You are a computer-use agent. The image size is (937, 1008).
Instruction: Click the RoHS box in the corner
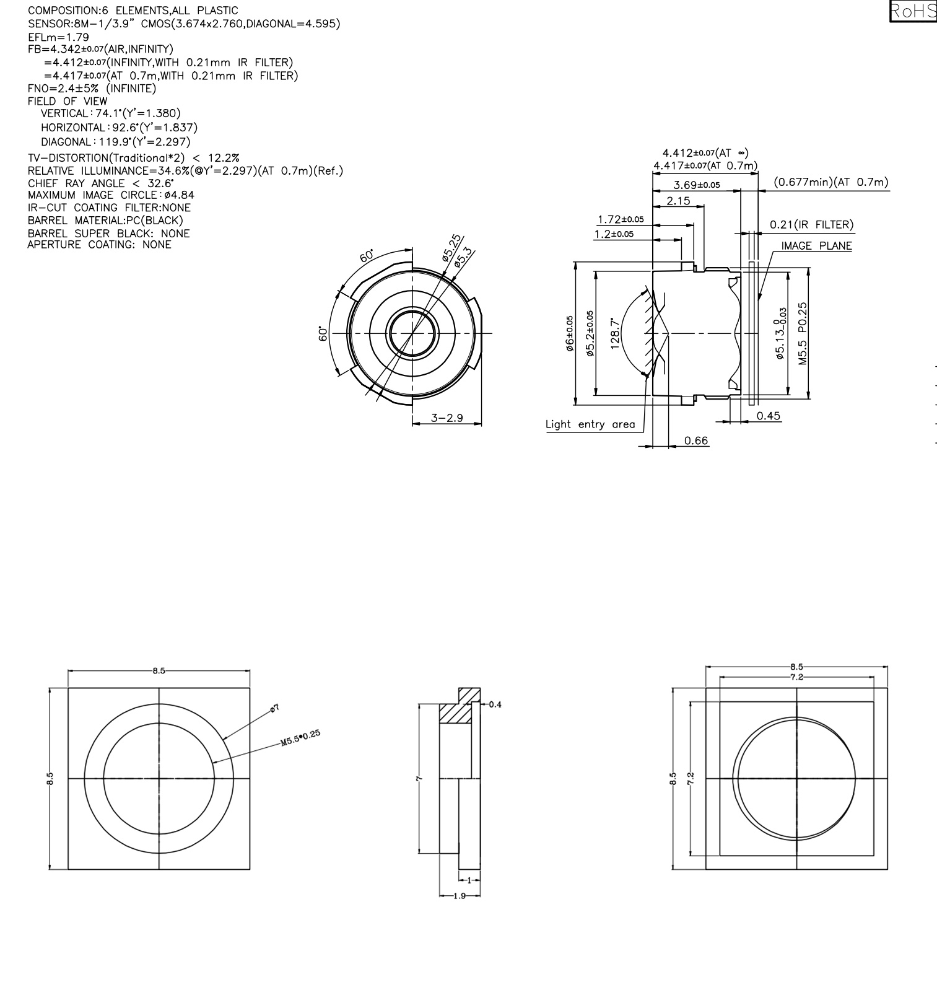tap(913, 11)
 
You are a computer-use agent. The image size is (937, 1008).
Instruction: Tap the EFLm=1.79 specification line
tap(58, 37)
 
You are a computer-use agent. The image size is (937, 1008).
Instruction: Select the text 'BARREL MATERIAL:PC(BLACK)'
tap(105, 221)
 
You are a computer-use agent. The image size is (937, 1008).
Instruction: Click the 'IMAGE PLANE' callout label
tap(816, 246)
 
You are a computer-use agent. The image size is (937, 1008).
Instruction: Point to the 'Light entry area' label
tap(590, 424)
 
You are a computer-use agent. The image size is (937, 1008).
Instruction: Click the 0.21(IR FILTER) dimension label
tap(811, 224)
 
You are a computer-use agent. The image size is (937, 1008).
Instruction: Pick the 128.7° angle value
tap(616, 334)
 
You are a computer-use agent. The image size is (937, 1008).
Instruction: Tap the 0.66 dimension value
tap(695, 440)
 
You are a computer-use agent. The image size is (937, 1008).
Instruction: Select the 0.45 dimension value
tap(769, 416)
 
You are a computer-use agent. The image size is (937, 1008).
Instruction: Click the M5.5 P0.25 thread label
tap(803, 333)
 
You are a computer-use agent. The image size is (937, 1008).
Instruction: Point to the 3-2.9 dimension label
tap(447, 418)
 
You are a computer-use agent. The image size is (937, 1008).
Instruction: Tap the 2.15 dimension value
tap(678, 201)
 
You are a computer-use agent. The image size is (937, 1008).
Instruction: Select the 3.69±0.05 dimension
tap(697, 185)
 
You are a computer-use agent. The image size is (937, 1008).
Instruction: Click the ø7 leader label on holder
tap(275, 708)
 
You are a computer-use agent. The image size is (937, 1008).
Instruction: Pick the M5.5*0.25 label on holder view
tap(301, 737)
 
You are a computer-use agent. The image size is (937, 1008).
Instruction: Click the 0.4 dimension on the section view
tap(495, 704)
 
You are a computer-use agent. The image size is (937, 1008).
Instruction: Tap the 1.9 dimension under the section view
tap(460, 896)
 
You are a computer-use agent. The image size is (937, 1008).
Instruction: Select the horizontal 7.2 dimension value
tap(796, 677)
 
